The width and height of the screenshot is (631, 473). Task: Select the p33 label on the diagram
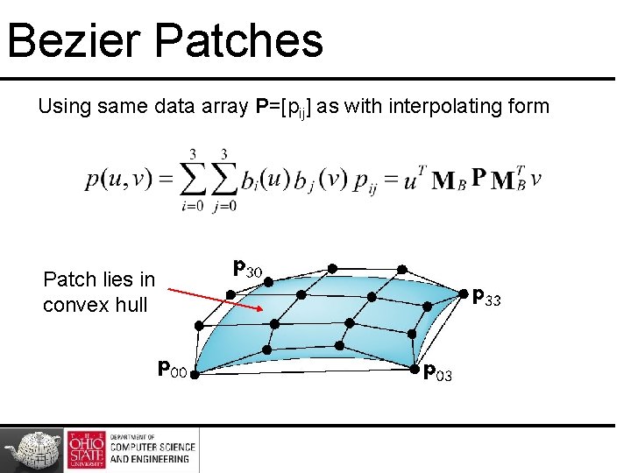point(486,299)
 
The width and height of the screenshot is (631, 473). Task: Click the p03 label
point(437,375)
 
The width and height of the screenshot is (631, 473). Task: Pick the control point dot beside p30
point(268,282)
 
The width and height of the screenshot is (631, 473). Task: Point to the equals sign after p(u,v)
point(166,180)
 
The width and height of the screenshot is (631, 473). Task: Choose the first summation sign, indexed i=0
point(193,180)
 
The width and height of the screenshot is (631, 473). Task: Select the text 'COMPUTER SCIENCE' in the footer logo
point(150,448)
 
